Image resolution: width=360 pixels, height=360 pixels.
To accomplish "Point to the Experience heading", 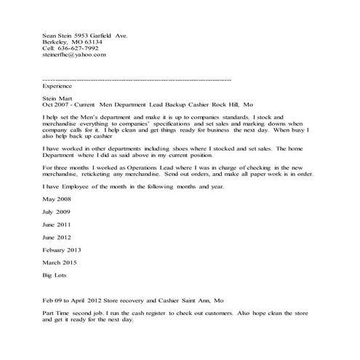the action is pyautogui.click(x=58, y=85).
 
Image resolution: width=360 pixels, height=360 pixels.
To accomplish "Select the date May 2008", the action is pyautogui.click(x=59, y=199).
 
